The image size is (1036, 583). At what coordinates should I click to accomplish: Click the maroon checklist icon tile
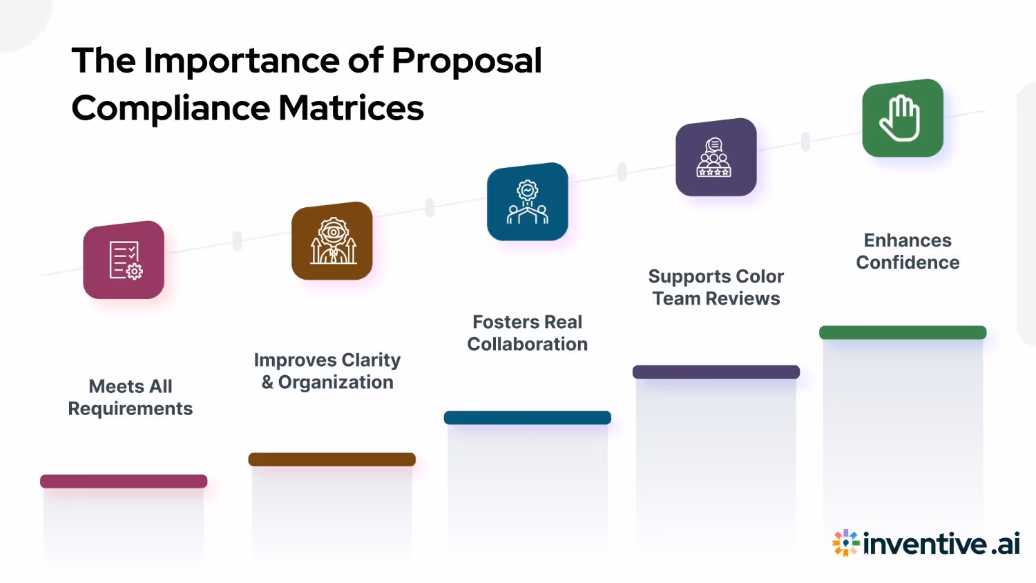(x=124, y=260)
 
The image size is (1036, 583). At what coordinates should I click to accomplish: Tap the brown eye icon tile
(x=332, y=241)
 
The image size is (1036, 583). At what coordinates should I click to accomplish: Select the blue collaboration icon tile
(x=528, y=202)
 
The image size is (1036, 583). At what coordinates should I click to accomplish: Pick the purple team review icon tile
(x=716, y=157)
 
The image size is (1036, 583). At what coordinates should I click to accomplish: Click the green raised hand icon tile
(x=903, y=118)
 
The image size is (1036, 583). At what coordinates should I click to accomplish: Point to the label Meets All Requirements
(x=131, y=397)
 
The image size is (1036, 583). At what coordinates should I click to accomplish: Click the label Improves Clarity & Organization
(x=327, y=371)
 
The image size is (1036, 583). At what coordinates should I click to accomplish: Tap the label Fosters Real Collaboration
(x=528, y=333)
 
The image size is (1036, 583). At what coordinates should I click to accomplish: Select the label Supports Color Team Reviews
(x=716, y=287)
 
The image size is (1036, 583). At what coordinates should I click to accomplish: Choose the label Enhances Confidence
(x=908, y=251)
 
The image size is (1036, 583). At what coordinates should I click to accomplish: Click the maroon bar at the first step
(x=124, y=481)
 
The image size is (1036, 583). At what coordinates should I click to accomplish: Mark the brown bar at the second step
(x=332, y=459)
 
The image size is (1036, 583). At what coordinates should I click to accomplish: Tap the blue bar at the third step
(x=528, y=418)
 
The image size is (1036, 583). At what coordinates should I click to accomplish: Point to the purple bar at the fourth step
(x=716, y=372)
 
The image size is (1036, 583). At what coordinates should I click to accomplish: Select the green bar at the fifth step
(x=903, y=332)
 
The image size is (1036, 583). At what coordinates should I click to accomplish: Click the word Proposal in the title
(x=467, y=62)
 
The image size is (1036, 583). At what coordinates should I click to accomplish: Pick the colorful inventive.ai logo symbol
(x=845, y=543)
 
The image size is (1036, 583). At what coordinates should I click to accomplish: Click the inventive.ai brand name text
(x=941, y=544)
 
